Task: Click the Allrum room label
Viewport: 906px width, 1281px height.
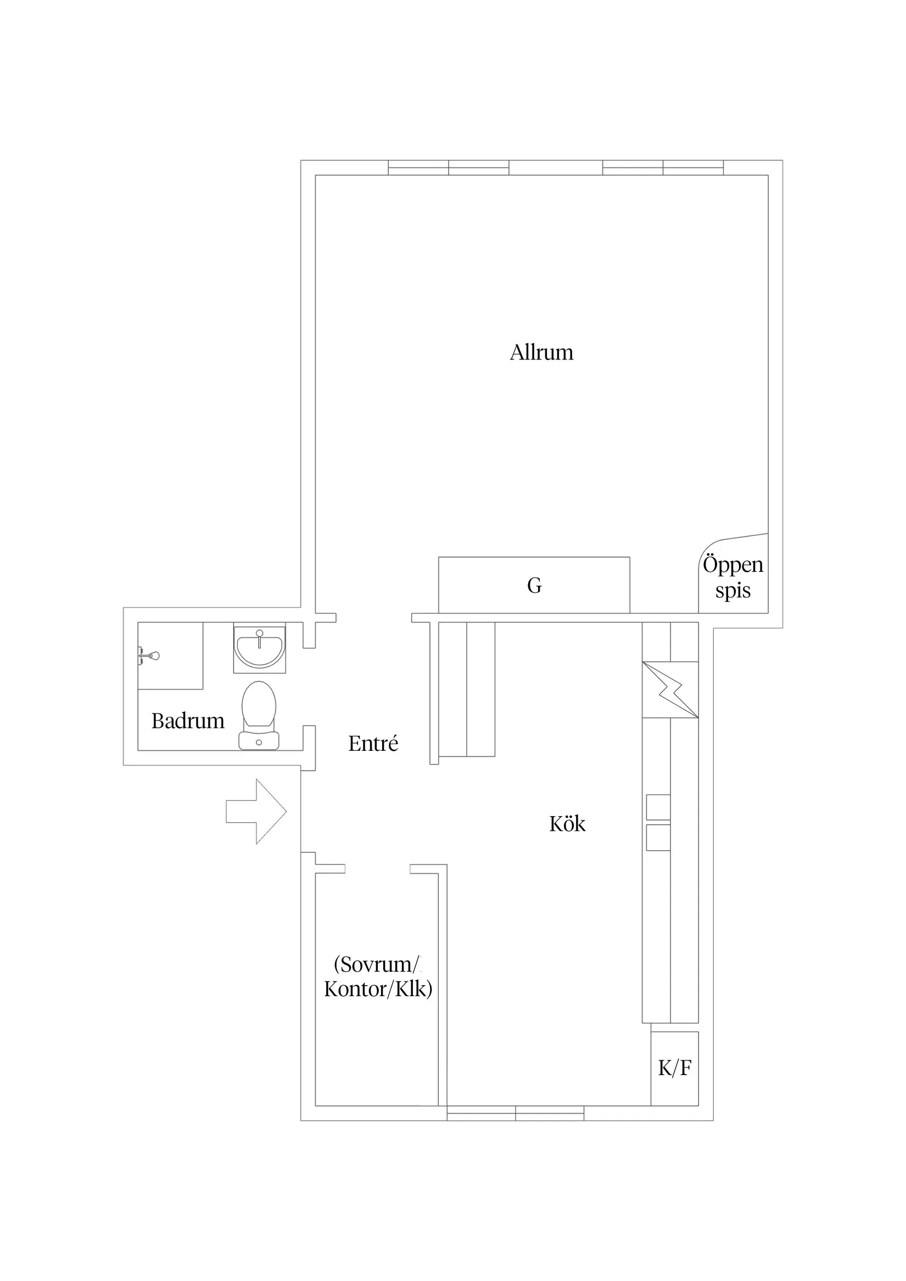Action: tap(541, 352)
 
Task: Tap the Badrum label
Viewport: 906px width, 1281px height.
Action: tap(188, 721)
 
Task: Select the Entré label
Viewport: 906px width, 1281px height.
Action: tap(373, 743)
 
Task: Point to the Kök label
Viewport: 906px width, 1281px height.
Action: tap(567, 824)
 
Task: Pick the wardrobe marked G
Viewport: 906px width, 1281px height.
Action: tap(534, 585)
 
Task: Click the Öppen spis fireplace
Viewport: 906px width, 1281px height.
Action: tap(734, 575)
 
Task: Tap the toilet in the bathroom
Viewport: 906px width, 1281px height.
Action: tap(259, 715)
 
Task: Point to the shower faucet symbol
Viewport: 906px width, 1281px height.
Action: tap(149, 655)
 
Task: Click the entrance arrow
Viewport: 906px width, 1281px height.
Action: tap(256, 811)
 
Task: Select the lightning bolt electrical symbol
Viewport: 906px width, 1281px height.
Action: tap(670, 689)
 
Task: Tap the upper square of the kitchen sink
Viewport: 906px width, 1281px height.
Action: tap(658, 807)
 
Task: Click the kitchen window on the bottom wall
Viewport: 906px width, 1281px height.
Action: tap(515, 1114)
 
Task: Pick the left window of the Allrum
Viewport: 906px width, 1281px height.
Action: tap(449, 167)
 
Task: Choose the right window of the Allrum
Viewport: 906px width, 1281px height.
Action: tap(663, 167)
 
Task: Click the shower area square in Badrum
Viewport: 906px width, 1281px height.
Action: tap(170, 655)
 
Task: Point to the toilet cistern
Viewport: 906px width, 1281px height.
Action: tap(259, 741)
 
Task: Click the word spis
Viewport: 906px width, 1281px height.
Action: tap(733, 591)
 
